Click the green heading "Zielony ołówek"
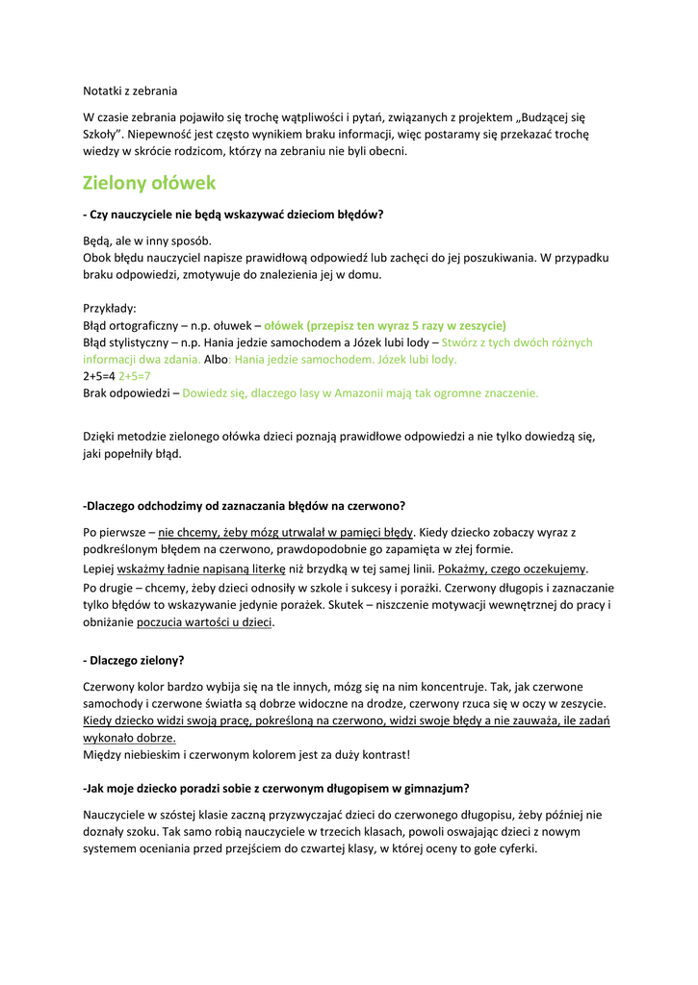tap(149, 183)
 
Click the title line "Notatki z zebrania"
tap(130, 91)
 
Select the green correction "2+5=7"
tap(135, 376)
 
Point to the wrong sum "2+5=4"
tap(99, 376)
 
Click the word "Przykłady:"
tap(110, 309)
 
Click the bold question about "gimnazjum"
tap(276, 788)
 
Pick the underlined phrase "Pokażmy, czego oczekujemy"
tap(512, 568)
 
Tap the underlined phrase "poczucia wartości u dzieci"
tap(205, 622)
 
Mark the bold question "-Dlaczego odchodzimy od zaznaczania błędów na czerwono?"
tap(245, 505)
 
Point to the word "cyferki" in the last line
tap(515, 848)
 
